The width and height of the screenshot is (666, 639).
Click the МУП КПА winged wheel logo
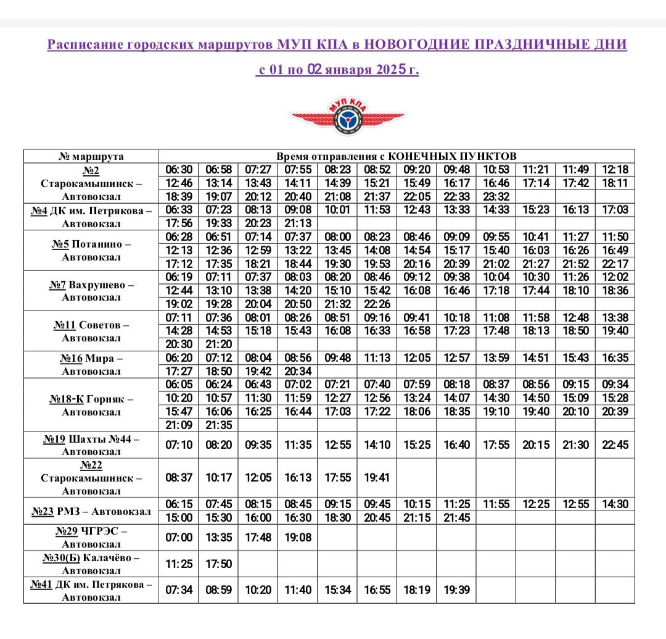tap(348, 117)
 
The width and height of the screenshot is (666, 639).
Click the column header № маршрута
tap(91, 156)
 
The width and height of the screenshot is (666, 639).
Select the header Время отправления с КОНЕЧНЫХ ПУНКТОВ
tap(397, 156)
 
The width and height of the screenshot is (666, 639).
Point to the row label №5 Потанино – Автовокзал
tap(91, 250)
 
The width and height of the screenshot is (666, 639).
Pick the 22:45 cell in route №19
tap(615, 445)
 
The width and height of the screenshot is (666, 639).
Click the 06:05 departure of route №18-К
tap(179, 385)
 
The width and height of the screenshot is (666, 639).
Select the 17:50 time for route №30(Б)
tap(219, 564)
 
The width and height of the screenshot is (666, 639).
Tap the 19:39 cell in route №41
tap(456, 590)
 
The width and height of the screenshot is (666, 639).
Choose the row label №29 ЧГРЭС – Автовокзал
tap(91, 537)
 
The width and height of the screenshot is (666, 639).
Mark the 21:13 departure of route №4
tap(298, 223)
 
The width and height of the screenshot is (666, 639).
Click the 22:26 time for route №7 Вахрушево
tap(378, 304)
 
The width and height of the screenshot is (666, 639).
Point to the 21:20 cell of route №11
tap(219, 345)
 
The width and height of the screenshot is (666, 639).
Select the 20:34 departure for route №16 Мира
tap(298, 371)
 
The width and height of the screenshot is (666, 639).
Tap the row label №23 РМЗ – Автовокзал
tap(91, 511)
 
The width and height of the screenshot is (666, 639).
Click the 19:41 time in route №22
tap(378, 477)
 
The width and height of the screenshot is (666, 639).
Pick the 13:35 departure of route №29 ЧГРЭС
tap(219, 537)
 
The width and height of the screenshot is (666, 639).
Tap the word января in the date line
tap(347, 70)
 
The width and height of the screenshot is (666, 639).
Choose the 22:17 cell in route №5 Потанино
tap(615, 264)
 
